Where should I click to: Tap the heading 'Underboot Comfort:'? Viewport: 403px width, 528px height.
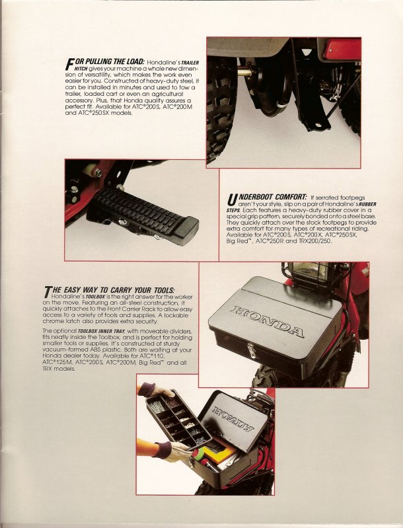tap(268, 198)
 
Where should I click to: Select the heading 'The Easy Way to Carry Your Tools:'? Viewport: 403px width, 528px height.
tap(110, 290)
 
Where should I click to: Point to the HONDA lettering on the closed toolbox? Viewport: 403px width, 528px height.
tap(267, 322)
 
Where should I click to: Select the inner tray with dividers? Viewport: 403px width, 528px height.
tap(178, 419)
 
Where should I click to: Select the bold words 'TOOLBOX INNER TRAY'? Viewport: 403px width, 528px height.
tap(102, 331)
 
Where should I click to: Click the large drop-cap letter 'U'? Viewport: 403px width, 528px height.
tap(231, 200)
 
